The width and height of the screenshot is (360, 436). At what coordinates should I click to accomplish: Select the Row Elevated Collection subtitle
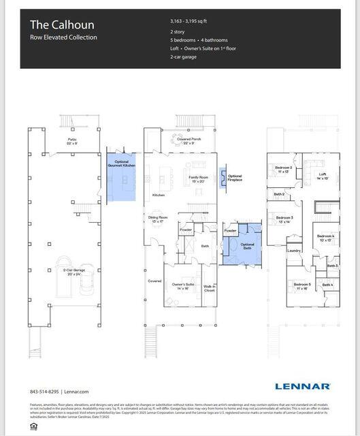click(63, 37)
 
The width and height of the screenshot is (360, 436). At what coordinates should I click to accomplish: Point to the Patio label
click(73, 141)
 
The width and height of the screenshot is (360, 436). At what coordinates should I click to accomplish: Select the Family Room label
click(198, 178)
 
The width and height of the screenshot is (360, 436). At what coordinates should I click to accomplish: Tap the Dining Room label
click(158, 219)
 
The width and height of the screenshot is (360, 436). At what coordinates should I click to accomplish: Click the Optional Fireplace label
click(235, 178)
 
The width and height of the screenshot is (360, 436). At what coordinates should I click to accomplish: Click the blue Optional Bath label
click(247, 246)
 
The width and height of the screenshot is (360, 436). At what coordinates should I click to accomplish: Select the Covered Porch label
click(189, 141)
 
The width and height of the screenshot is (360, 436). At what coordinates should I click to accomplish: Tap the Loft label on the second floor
click(322, 175)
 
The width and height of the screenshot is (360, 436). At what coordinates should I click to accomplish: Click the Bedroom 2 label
click(284, 169)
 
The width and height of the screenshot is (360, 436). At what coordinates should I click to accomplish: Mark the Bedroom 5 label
click(302, 285)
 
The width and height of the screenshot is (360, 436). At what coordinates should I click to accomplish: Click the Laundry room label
click(294, 251)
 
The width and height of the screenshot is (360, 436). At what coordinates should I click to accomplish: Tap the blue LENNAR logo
click(303, 386)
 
